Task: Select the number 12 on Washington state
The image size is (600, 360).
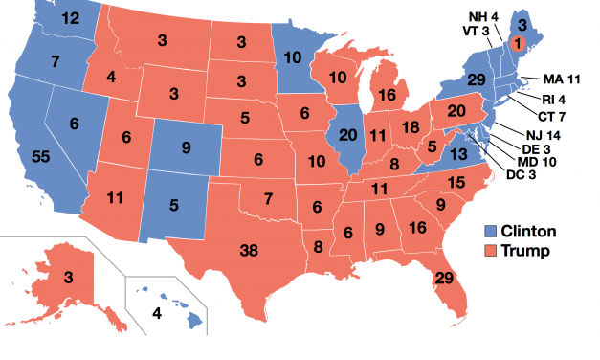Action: coord(69,18)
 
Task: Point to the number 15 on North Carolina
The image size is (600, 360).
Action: coord(456,182)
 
